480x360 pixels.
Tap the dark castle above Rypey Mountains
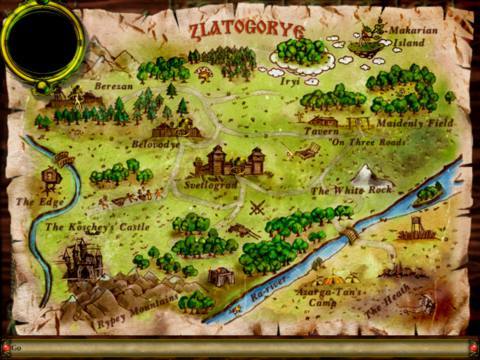click(x=80, y=261)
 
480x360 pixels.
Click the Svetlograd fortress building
click(x=229, y=161)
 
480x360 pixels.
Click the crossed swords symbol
click(x=258, y=208)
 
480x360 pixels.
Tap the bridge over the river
click(x=348, y=234)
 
